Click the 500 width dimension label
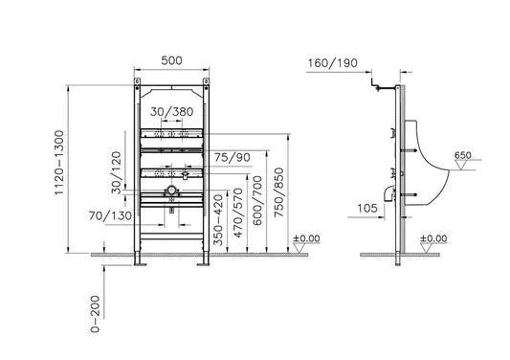coord(171,60)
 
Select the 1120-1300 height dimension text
coord(59,163)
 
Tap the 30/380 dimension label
coord(171,112)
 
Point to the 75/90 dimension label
coord(233,158)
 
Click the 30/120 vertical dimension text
coord(116,172)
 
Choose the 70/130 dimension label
coord(110,215)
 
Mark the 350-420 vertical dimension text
coord(218,220)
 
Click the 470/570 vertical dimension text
coord(238,213)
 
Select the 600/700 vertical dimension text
coord(257,201)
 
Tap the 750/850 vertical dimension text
coord(278,192)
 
